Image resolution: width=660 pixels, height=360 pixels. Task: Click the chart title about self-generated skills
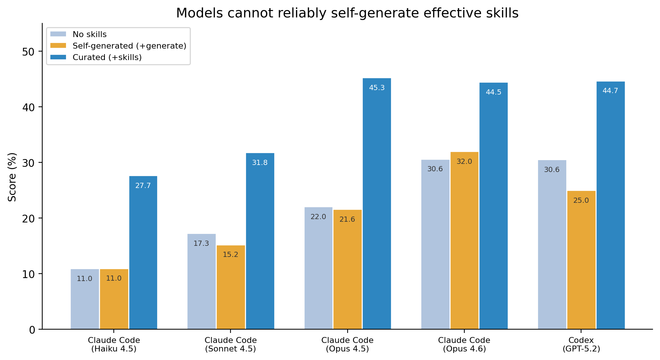click(347, 13)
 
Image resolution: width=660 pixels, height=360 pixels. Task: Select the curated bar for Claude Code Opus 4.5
click(377, 204)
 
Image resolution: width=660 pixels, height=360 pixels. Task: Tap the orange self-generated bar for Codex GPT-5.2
click(581, 260)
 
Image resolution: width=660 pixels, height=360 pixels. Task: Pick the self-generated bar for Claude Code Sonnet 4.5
click(230, 287)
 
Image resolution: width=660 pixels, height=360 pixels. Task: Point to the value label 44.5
click(493, 92)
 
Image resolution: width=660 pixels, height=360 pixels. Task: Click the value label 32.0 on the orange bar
click(464, 162)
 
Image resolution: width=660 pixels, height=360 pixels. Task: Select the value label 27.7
click(143, 186)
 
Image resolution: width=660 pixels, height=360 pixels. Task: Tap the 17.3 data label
click(201, 244)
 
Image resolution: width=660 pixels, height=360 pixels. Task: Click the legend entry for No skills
click(89, 34)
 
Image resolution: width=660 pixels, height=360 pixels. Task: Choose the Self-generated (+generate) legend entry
click(129, 46)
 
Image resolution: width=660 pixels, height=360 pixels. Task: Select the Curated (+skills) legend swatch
click(58, 57)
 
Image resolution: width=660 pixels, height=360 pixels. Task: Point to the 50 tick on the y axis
click(28, 52)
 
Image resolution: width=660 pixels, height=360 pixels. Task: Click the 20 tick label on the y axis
click(28, 218)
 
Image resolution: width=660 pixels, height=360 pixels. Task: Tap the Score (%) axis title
click(12, 177)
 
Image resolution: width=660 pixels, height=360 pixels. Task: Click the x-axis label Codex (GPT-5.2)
click(581, 344)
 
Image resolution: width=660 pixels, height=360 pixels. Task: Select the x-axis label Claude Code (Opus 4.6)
click(464, 344)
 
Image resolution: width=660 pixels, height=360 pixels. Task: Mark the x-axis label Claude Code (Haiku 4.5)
click(114, 344)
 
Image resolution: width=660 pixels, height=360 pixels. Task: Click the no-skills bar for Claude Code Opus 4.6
click(435, 245)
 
